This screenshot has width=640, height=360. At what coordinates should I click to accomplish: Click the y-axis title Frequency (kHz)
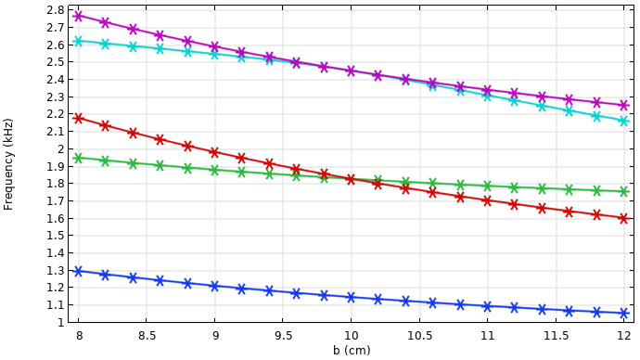point(9,163)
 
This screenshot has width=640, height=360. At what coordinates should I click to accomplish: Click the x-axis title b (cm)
point(352,351)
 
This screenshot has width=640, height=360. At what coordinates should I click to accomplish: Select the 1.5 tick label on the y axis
point(55,236)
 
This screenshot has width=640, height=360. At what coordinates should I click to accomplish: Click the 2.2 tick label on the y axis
point(55,114)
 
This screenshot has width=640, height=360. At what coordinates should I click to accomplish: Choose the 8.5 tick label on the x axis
point(147,337)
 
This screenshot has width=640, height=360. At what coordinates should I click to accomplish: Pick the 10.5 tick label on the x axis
point(419,337)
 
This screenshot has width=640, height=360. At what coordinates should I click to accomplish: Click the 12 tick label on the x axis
point(623,337)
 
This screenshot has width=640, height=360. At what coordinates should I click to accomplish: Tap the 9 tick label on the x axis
point(215,337)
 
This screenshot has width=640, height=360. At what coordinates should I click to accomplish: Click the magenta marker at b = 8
point(78,16)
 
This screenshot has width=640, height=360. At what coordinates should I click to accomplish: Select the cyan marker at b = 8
point(78,41)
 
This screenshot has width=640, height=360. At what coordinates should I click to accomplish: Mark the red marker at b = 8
point(78,118)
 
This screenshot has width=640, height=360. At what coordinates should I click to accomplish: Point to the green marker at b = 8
point(78,158)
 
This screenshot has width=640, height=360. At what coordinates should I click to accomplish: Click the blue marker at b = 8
point(78,271)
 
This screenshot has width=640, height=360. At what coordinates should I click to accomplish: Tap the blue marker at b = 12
point(623,314)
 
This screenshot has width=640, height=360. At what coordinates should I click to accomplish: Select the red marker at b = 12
point(623,218)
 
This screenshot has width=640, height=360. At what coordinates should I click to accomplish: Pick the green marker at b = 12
point(623,192)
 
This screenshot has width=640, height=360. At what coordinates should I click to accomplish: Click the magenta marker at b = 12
point(623,105)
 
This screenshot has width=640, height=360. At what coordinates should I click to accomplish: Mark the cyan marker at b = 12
point(623,121)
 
